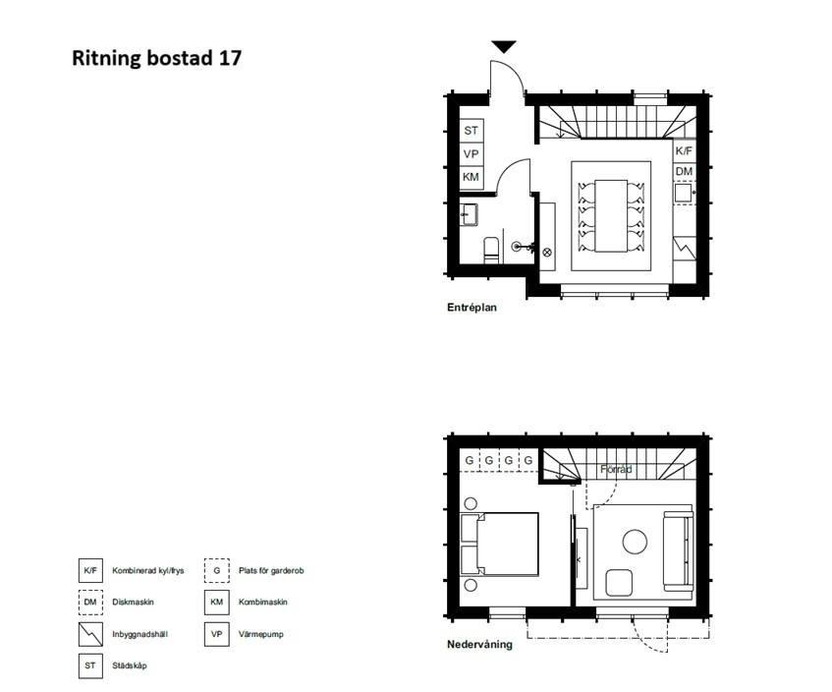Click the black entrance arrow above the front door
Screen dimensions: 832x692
tap(504, 47)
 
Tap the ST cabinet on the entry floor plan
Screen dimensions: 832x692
tap(471, 131)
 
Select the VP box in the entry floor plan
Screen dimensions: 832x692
tap(471, 154)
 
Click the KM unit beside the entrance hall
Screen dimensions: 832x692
tap(471, 177)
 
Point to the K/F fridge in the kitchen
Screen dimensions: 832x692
tap(684, 151)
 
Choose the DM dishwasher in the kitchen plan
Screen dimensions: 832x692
tap(684, 172)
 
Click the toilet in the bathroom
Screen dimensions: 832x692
tap(491, 250)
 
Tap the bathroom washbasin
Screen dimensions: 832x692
tap(470, 214)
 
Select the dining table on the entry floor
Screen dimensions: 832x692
tap(611, 215)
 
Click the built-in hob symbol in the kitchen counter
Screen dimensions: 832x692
tap(685, 248)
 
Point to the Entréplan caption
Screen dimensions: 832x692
tap(471, 308)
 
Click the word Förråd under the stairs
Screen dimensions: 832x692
tap(616, 470)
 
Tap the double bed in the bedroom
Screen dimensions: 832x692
tap(499, 544)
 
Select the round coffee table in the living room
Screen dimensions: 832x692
tap(635, 543)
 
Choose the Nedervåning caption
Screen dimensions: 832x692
tap(479, 644)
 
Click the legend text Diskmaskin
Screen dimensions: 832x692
tap(133, 603)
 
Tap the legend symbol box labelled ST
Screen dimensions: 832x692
tap(90, 665)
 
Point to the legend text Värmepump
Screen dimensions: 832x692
tap(261, 634)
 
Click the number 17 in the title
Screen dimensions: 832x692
tap(230, 57)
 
